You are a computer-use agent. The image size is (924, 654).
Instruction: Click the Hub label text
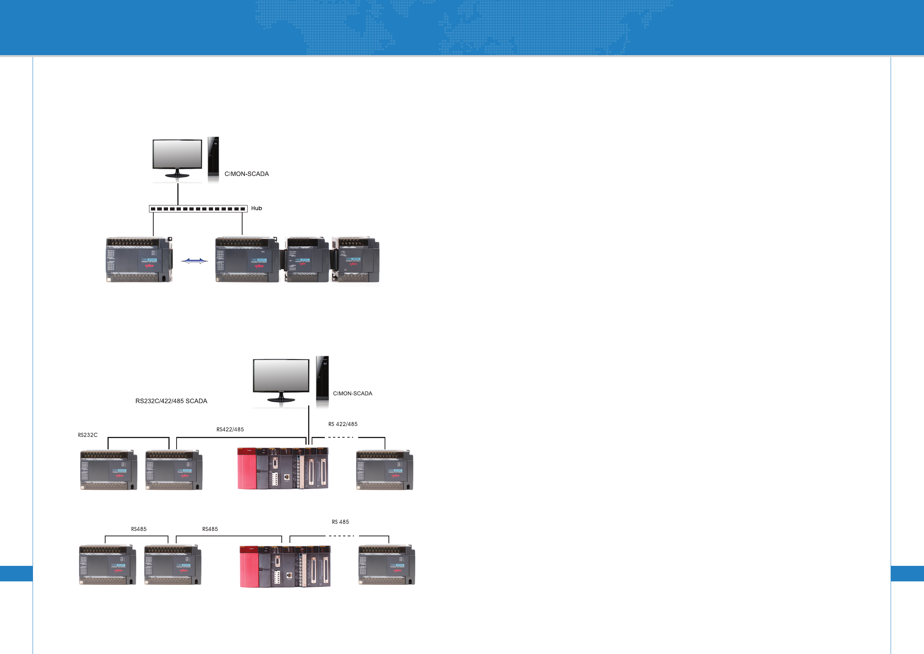point(257,208)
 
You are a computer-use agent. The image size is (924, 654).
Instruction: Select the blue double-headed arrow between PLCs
point(194,261)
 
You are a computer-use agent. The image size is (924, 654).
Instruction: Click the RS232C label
point(88,435)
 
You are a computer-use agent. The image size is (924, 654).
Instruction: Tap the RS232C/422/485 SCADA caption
point(171,401)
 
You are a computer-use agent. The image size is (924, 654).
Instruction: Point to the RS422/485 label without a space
point(230,429)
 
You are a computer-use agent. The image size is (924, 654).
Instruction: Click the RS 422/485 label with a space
point(343,424)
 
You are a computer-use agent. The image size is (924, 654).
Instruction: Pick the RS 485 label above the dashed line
point(340,522)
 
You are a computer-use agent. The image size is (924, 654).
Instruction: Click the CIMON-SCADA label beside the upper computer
point(246,174)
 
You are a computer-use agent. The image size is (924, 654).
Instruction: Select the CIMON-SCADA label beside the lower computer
point(352,393)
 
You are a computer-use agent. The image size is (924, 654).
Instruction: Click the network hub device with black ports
point(198,209)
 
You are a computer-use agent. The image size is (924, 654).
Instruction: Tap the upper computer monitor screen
point(177,154)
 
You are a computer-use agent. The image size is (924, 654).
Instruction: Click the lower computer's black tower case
point(322,378)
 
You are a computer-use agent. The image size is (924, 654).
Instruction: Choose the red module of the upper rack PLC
point(247,469)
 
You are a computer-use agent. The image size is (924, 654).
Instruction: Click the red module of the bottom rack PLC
point(249,567)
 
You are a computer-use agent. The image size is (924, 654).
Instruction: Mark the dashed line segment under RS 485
point(342,536)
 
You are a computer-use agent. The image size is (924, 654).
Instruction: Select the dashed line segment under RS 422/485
point(341,437)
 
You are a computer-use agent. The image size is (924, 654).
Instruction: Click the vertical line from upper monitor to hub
point(178,194)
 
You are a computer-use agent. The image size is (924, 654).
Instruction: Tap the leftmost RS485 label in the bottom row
point(139,529)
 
